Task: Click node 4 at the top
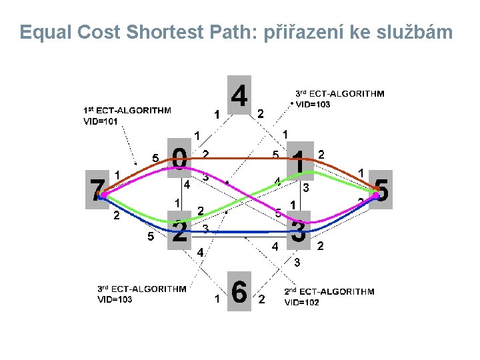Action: [x=239, y=95]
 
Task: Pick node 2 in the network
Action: [x=179, y=231]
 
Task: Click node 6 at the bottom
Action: [x=239, y=291]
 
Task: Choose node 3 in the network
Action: [x=299, y=231]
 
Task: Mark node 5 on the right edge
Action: [x=383, y=190]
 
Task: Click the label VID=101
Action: [x=101, y=121]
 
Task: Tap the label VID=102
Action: [x=302, y=302]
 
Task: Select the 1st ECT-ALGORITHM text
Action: [x=127, y=110]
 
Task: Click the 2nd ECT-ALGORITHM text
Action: [x=329, y=291]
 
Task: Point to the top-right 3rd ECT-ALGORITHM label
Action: [x=339, y=94]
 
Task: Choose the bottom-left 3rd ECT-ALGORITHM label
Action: [x=142, y=289]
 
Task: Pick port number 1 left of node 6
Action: [x=217, y=299]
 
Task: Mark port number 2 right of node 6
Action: [x=261, y=299]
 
